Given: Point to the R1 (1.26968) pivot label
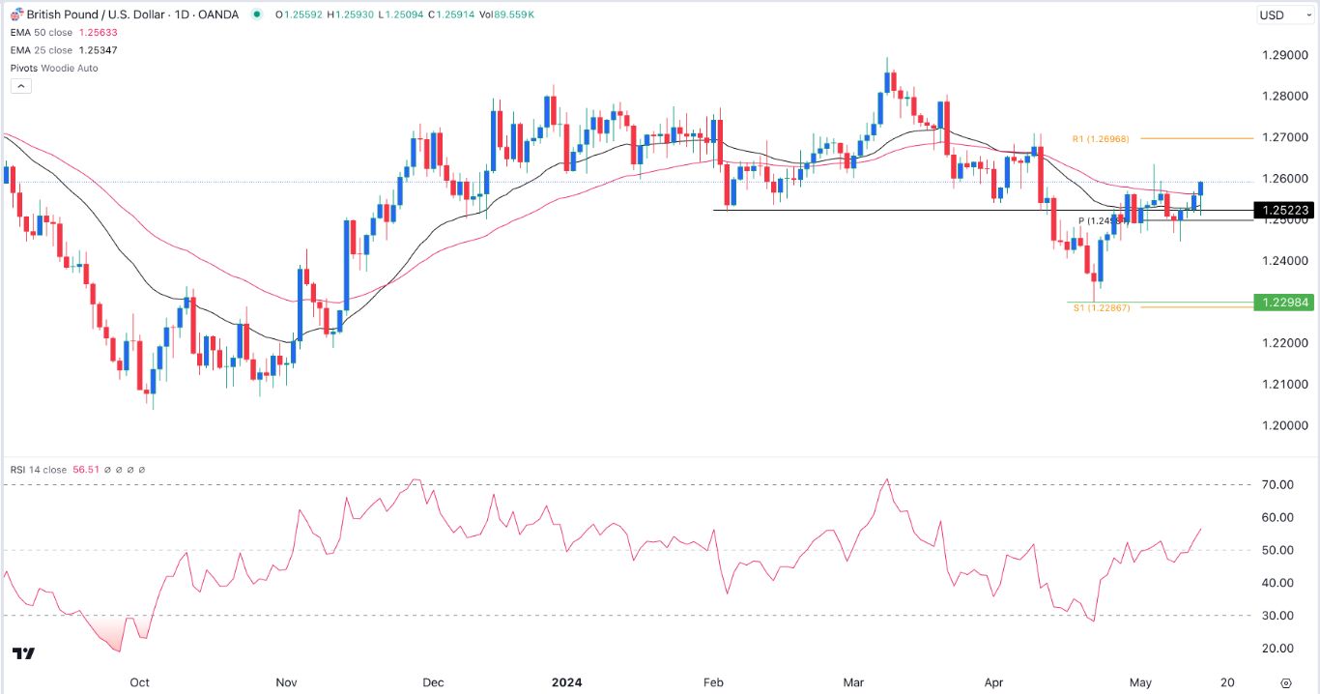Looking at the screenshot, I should tap(1102, 138).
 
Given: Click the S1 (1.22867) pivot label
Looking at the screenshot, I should tap(1102, 307).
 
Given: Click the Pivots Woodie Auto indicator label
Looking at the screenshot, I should tap(53, 68).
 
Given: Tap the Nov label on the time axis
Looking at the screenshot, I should tap(286, 682).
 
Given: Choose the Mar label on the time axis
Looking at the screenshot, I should tap(853, 682).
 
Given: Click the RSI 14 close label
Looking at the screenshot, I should tap(39, 470).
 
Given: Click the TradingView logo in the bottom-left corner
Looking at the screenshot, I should tap(25, 654).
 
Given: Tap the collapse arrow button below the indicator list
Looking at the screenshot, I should tap(21, 86).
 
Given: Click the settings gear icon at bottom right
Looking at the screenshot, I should tap(1285, 682).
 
